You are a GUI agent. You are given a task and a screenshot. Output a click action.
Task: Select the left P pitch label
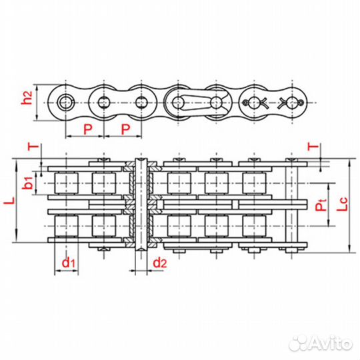pyautogui.click(x=87, y=127)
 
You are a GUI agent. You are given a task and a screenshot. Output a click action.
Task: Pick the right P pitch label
pyautogui.click(x=125, y=127)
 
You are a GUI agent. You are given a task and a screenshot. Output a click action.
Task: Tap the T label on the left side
pyautogui.click(x=29, y=147)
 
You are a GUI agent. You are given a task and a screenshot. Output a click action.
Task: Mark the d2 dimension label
pyautogui.click(x=159, y=263)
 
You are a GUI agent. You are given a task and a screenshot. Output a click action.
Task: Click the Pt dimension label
pyautogui.click(x=321, y=207)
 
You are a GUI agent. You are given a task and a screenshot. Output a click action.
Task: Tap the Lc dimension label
pyautogui.click(x=341, y=208)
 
